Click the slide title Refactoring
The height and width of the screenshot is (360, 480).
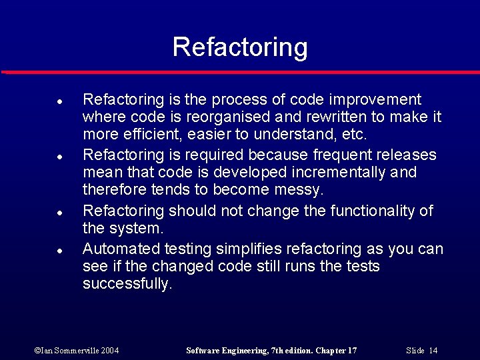point(240,47)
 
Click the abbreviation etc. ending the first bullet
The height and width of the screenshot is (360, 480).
point(353,135)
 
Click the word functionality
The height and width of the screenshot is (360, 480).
point(369,211)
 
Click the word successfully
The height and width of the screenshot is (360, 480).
point(127,284)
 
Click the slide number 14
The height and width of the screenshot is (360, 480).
point(433,351)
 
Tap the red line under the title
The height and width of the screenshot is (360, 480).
point(240,71)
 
